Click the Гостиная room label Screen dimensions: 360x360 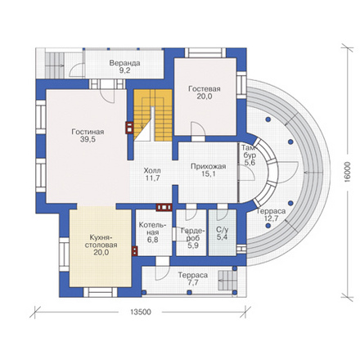(88, 132)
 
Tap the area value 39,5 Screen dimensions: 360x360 (88, 139)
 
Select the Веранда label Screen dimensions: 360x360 (124, 63)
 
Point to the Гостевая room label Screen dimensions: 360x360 (205, 89)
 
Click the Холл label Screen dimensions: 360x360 (152, 171)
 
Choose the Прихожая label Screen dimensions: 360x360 (209, 166)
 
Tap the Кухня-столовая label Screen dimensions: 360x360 (101, 241)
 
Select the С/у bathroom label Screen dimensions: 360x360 (223, 230)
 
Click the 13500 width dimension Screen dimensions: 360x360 (141, 312)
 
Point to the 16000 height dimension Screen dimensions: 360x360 (347, 172)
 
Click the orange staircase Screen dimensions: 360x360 (153, 115)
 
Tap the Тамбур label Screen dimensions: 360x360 (248, 151)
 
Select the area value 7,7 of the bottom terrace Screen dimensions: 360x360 (193, 283)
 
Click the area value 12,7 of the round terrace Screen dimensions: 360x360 (271, 218)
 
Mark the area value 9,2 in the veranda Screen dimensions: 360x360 (124, 70)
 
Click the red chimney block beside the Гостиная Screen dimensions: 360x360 (129, 128)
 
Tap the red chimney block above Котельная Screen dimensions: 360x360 (164, 207)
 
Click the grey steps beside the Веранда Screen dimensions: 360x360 (55, 65)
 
